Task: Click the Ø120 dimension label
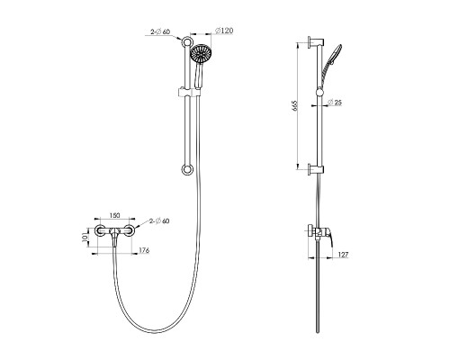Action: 224,31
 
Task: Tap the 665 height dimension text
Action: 294,106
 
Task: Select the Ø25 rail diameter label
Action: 334,103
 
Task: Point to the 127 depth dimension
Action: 344,255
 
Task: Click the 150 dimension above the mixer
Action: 114,215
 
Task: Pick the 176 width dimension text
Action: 144,250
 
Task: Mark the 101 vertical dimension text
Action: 85,237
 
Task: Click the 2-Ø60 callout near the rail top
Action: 160,32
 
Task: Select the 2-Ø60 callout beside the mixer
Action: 159,221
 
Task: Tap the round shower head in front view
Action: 201,54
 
